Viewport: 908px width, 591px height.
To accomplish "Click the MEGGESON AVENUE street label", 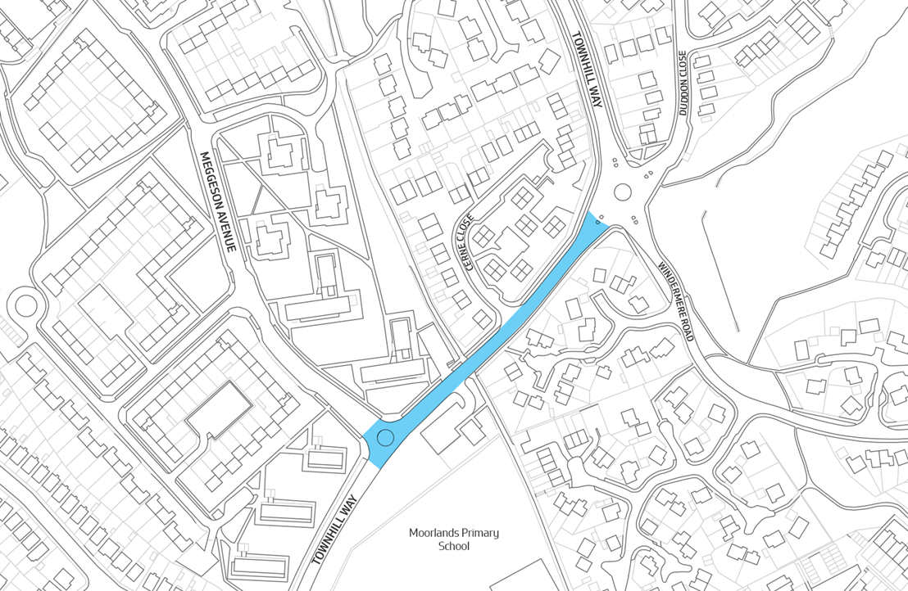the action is pos(219,201).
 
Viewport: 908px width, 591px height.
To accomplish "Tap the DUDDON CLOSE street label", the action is pos(683,82).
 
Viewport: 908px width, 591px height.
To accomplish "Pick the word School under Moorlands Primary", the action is pos(454,547).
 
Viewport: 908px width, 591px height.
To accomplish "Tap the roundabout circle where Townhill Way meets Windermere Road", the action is pos(622,193).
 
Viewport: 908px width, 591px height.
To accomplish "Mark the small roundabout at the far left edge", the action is pos(25,306).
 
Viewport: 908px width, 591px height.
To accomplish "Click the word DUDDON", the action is pos(683,70).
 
